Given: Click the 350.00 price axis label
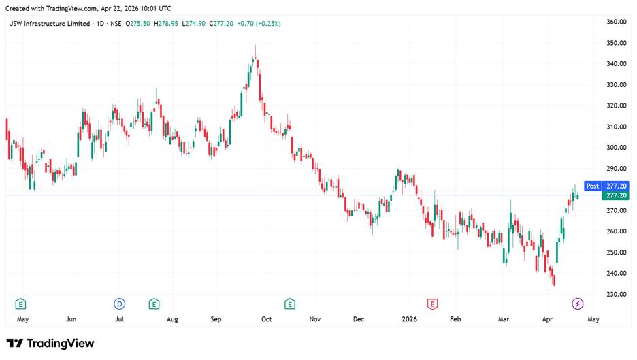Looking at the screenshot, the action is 617,43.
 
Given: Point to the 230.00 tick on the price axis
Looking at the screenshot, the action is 617,294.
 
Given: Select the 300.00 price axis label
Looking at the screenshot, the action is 617,148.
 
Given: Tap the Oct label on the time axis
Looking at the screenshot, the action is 267,319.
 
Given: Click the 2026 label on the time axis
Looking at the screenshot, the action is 409,319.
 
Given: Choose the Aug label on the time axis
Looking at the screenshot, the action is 172,319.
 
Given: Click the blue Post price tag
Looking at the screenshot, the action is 592,186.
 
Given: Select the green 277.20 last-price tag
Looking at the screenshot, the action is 615,195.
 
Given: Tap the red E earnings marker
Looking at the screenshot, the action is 432,304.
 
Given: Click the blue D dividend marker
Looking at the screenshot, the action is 119,304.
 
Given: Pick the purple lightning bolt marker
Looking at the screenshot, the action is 577,304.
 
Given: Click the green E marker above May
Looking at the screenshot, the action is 20,304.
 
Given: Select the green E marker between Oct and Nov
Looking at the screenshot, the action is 290,304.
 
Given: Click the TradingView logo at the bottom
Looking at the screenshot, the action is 50,344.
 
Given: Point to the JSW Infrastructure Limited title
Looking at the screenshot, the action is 50,24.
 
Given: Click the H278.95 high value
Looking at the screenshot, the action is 166,24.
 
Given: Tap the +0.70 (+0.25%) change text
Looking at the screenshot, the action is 259,24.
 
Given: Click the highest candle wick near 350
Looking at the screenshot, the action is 255,51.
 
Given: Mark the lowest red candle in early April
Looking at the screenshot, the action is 555,280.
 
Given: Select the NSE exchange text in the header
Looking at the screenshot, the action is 116,24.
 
